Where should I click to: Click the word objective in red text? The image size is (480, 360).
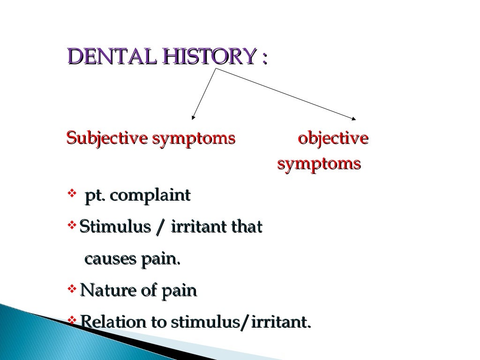coord(333,139)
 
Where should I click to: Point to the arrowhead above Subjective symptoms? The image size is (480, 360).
coord(193,117)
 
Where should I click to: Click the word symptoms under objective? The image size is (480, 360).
coord(319,164)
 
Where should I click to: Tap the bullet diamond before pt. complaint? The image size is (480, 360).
coord(72,193)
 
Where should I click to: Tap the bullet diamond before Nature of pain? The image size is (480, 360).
coord(72,289)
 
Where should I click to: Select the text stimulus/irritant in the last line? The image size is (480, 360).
coord(240,322)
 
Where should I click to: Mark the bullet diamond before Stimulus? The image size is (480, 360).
coord(72,226)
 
